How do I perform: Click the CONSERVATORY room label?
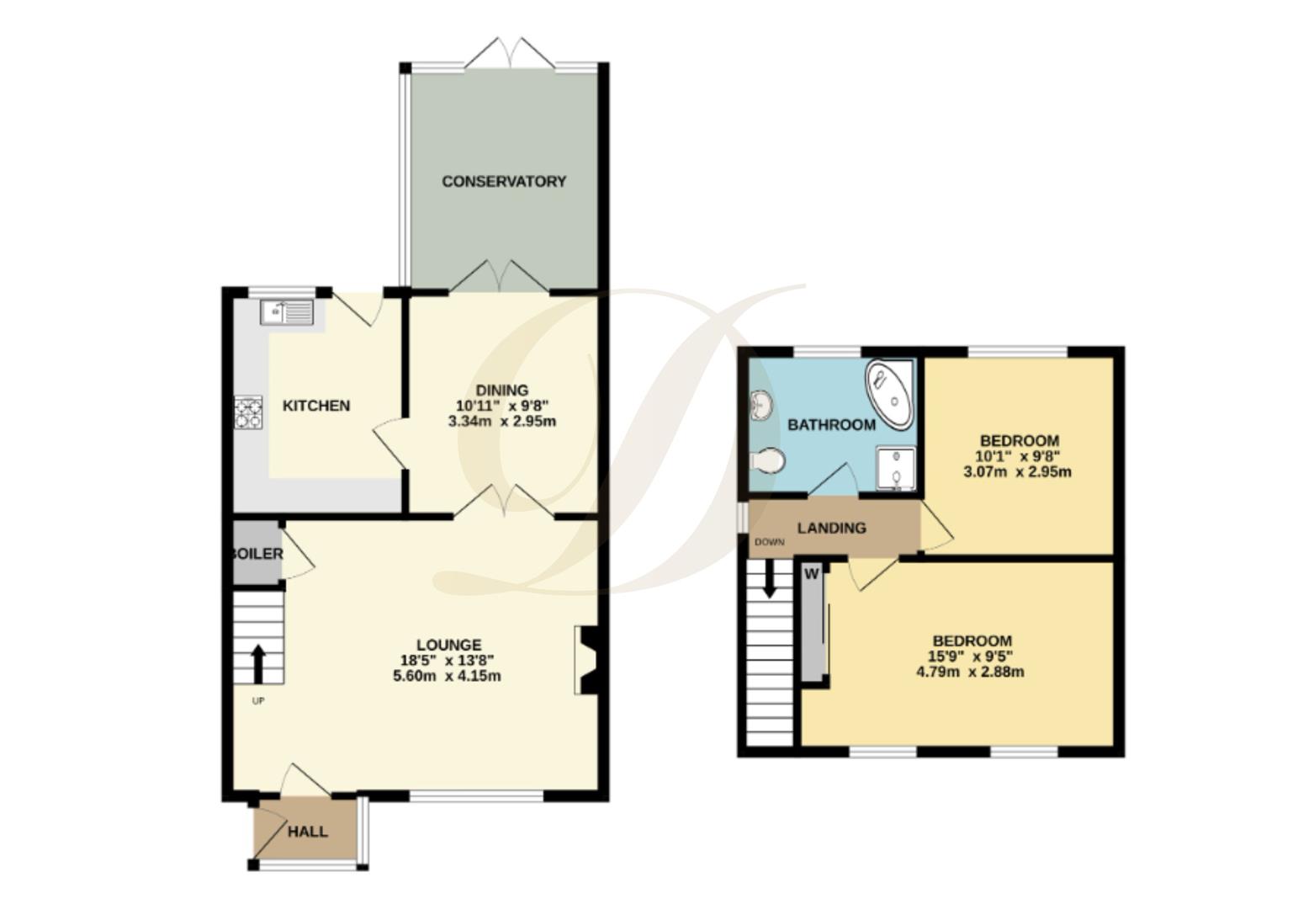[x=504, y=181]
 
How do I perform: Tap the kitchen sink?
[x=287, y=312]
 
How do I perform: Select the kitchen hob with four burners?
[x=248, y=412]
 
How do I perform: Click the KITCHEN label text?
[x=315, y=406]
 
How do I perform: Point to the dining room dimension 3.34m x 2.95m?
[x=502, y=421]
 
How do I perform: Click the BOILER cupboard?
[x=257, y=553]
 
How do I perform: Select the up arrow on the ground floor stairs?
[x=257, y=664]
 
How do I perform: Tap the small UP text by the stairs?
[x=258, y=700]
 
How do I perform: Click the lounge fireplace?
[x=586, y=660]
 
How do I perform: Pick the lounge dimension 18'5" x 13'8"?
[x=448, y=661]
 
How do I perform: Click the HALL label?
[x=308, y=832]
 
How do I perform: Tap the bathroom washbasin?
[x=762, y=406]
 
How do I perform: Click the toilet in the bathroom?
[x=768, y=460]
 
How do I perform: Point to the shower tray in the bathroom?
[x=896, y=469]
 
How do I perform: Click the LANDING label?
[x=831, y=528]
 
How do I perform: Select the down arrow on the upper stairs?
[x=769, y=580]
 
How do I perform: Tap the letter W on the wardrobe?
[x=812, y=575]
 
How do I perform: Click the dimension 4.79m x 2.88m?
[x=970, y=672]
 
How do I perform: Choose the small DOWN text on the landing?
[x=769, y=542]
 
